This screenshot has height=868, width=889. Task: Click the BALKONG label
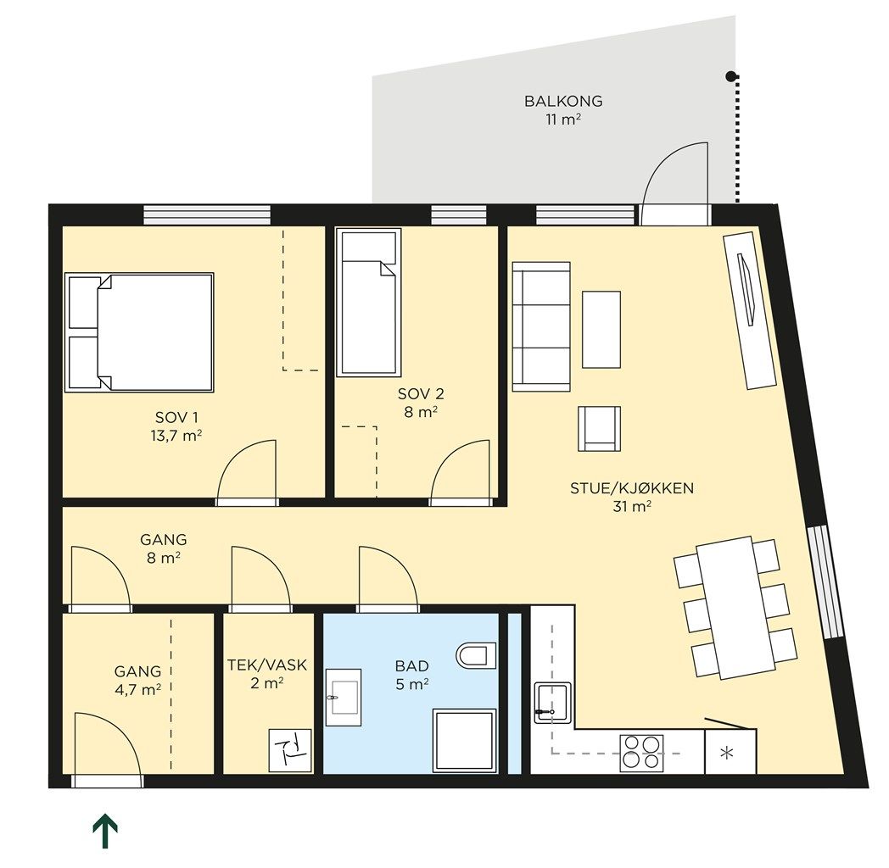563,102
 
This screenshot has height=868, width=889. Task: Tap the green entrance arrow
105,832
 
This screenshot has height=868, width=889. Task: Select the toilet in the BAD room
476,655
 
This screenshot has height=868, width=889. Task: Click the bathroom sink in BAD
344,698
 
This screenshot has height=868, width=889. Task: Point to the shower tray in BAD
464,741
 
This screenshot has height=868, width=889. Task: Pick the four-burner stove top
642,753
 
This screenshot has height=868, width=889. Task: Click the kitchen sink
552,703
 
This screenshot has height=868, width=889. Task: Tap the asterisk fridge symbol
726,754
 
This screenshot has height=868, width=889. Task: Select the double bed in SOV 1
139,332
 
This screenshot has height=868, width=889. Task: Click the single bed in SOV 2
368,303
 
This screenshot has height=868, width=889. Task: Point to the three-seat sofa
541,327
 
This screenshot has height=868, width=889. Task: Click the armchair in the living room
599,429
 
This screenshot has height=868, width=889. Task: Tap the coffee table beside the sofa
601,330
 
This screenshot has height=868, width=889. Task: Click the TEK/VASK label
267,665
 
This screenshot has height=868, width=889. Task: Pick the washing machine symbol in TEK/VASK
290,751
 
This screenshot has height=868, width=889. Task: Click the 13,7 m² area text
176,437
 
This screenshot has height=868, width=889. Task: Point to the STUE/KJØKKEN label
632,488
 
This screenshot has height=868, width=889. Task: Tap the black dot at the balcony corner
731,75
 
